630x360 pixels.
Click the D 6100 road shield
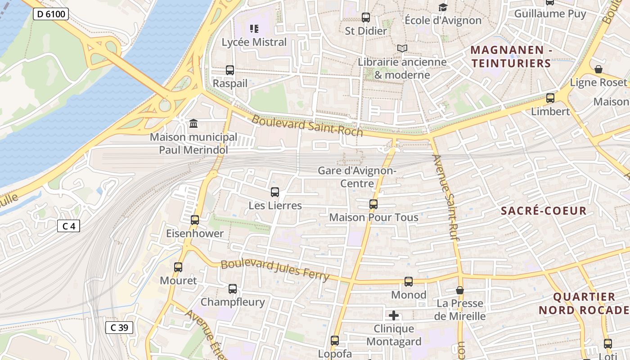(50, 14)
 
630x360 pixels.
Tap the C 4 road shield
(68, 226)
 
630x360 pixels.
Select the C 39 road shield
(119, 328)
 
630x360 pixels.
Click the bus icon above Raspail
(230, 70)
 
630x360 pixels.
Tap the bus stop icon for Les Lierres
(275, 192)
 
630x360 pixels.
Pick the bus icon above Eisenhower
(195, 220)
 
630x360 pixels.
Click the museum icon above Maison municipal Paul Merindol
(193, 123)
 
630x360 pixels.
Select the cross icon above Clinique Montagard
(394, 315)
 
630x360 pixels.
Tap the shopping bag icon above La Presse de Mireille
(459, 290)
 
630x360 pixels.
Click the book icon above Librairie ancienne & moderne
(402, 49)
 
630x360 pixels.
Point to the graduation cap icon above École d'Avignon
(443, 8)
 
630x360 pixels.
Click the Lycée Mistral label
(254, 42)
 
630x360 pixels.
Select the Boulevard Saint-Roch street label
(307, 126)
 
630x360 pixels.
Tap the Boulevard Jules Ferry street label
(275, 270)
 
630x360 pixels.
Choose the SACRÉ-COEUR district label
(544, 211)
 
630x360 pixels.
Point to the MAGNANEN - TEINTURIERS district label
(511, 56)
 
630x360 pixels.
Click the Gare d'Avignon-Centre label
(357, 177)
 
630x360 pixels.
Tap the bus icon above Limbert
(550, 98)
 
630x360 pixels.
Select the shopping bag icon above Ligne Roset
(598, 69)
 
